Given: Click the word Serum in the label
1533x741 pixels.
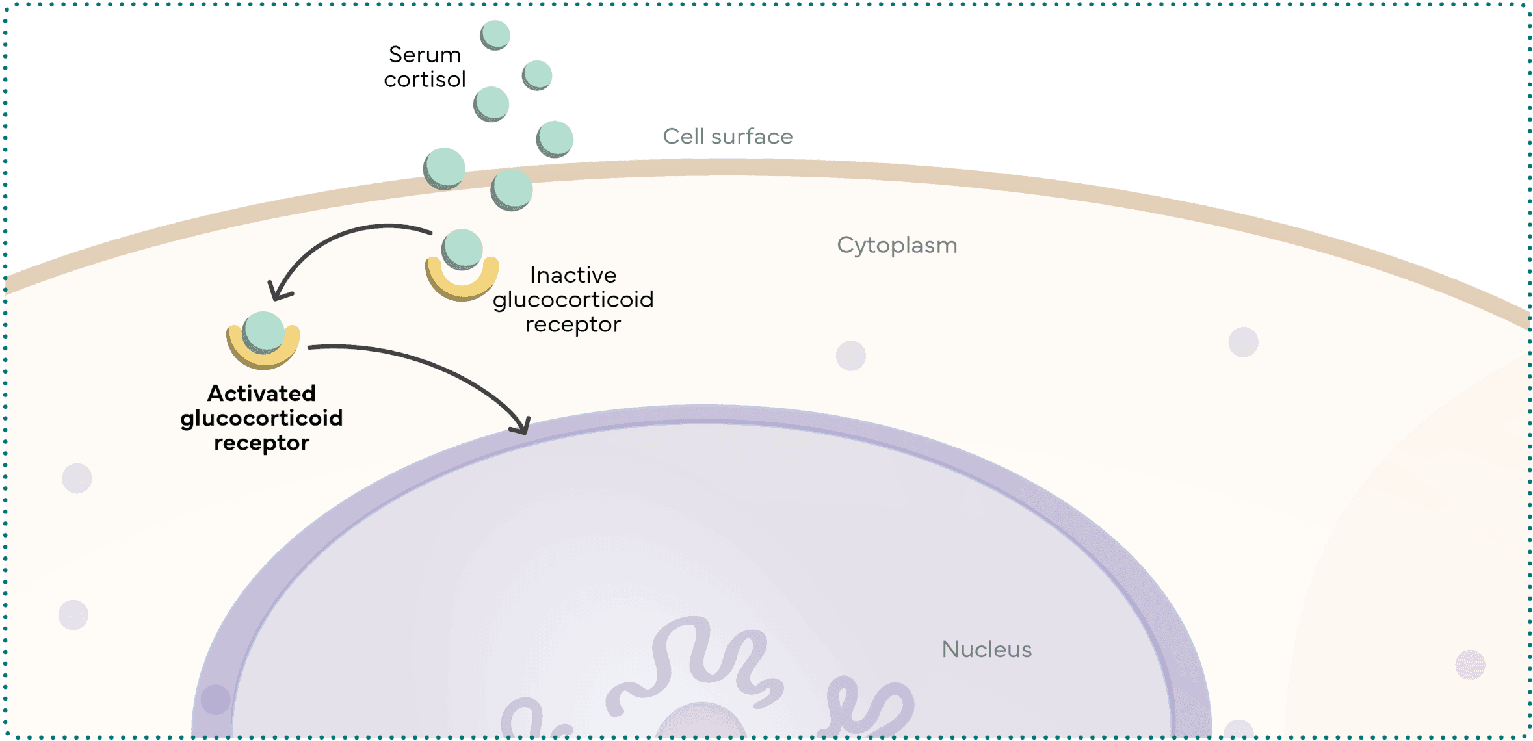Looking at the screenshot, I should point(425,55).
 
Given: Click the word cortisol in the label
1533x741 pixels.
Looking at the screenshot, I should point(425,80).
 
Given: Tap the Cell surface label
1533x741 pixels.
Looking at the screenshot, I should point(727,136).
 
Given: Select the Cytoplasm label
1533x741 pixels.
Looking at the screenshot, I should point(897,245).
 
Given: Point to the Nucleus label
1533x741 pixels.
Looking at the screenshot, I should point(986,649).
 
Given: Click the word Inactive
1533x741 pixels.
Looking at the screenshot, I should point(573,275).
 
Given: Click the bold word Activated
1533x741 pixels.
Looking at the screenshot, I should point(261,393).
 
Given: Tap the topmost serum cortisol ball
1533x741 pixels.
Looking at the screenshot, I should point(495,34).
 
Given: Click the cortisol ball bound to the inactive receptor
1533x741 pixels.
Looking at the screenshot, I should point(462,248).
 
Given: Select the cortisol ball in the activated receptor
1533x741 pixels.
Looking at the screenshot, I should point(263,331).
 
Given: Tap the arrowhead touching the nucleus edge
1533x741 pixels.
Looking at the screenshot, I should point(521,425).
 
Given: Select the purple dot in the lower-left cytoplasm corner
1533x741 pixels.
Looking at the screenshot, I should point(73,615).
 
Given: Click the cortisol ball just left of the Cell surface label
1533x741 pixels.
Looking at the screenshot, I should point(555,138).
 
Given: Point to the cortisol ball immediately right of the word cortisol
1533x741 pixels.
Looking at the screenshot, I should point(491,103).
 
